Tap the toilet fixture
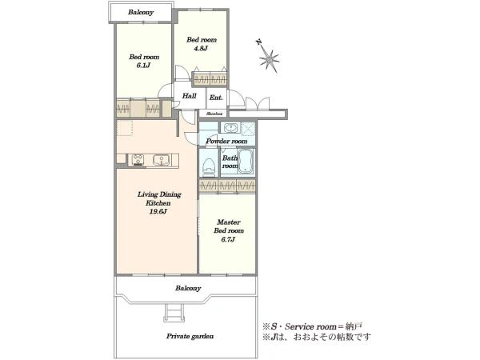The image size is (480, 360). point(209,167)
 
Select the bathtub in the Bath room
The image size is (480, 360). point(246,161)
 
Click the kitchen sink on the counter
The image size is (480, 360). point(162,160)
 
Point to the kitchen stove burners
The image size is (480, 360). point(138,160)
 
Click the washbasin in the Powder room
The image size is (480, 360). point(230,127)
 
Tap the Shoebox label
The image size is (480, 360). point(214,114)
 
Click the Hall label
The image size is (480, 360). point(189,96)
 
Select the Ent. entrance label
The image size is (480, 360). point(216,98)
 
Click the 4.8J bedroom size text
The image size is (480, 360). point(201,48)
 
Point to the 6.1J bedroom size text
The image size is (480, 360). point(143,66)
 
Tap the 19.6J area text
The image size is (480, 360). point(158,211)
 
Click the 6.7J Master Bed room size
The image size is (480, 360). point(228,239)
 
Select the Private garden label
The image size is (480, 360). point(190,336)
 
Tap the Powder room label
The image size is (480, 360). point(226,141)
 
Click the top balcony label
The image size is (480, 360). point(141,12)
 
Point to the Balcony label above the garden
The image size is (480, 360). point(188,288)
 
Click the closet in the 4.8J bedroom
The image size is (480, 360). point(210,79)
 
